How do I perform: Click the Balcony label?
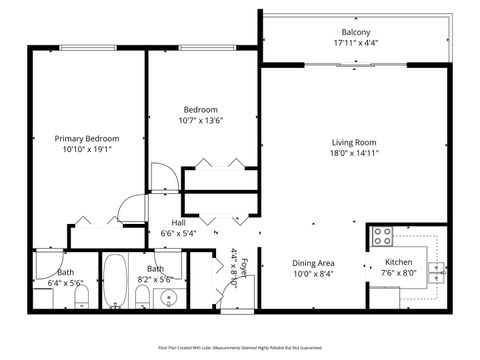(x=356, y=32)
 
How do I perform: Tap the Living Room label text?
(x=355, y=143)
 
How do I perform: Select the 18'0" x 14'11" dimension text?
(x=355, y=155)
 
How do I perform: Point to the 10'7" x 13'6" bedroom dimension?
(x=201, y=121)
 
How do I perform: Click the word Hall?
(x=178, y=223)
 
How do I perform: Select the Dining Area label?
(x=313, y=262)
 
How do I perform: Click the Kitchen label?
(x=399, y=262)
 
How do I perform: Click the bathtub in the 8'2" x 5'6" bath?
(x=115, y=283)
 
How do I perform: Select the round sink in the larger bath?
(x=167, y=297)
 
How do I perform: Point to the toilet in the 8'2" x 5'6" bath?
(x=142, y=299)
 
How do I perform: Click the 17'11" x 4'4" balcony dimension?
(x=356, y=43)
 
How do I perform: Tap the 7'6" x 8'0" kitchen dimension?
(x=399, y=273)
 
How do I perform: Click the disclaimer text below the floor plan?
(x=240, y=348)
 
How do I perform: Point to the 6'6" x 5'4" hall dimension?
(x=178, y=233)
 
